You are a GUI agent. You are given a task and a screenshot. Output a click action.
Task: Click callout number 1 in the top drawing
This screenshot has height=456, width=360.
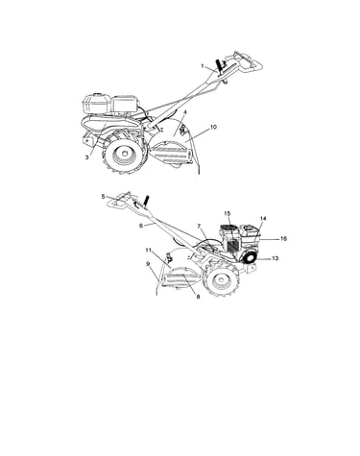pos(203,66)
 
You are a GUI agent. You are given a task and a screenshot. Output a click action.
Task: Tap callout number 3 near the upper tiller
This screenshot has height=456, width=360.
pos(86,157)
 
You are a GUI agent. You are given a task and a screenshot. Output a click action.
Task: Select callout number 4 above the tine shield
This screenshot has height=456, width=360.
pos(185,112)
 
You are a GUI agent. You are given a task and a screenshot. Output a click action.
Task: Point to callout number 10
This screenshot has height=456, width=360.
pos(213,127)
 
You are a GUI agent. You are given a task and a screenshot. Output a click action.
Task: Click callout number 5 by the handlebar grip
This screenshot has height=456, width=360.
pos(103,197)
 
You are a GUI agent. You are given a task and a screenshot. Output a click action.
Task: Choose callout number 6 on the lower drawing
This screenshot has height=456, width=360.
pos(140,226)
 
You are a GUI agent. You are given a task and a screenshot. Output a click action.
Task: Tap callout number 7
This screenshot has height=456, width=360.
pos(199,227)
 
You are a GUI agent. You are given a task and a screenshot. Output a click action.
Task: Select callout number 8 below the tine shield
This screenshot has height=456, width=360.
pos(198,297)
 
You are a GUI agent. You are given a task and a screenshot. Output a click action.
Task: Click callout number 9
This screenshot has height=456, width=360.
pos(148,264)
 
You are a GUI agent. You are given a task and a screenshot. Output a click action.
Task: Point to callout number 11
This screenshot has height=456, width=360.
pos(148,250)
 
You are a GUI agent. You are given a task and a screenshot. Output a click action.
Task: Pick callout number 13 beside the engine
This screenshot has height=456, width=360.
pos(275,258)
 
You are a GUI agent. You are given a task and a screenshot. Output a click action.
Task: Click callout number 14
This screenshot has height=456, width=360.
pos(263,219)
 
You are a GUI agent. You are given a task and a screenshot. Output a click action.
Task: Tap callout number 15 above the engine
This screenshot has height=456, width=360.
pos(228,213)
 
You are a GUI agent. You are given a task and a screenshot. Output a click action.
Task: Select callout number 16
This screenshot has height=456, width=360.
pos(283,239)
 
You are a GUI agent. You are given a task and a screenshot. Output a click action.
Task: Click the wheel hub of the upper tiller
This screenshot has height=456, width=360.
pos(119,156)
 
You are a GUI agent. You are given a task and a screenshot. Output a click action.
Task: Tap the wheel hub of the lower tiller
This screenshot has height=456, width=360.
pos(220,280)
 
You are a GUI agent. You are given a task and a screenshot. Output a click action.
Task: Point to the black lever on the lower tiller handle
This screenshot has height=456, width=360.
pos(147,201)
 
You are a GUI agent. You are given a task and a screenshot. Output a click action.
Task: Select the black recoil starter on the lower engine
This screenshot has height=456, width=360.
pos(250,258)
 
